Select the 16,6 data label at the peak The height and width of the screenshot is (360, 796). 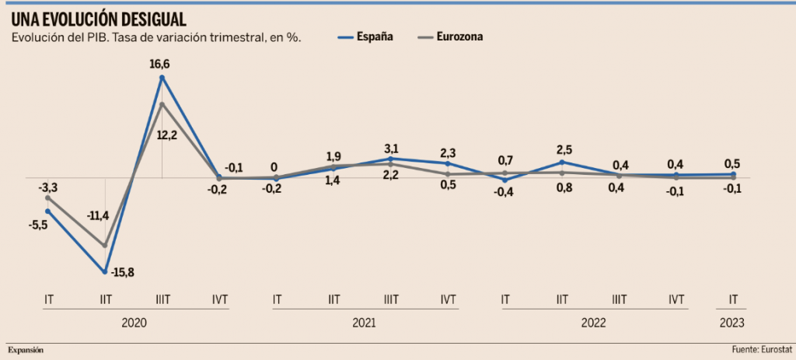click(161, 64)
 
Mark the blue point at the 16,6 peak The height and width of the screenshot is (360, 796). click(162, 77)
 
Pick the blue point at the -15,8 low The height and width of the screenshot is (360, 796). click(105, 272)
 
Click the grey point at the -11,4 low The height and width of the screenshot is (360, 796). click(105, 246)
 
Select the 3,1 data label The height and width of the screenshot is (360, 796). click(390, 148)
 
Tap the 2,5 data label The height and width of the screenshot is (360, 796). click(563, 149)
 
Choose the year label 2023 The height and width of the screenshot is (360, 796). click(732, 323)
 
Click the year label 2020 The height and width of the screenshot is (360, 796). click(135, 323)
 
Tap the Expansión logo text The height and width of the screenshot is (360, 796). click(26, 351)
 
